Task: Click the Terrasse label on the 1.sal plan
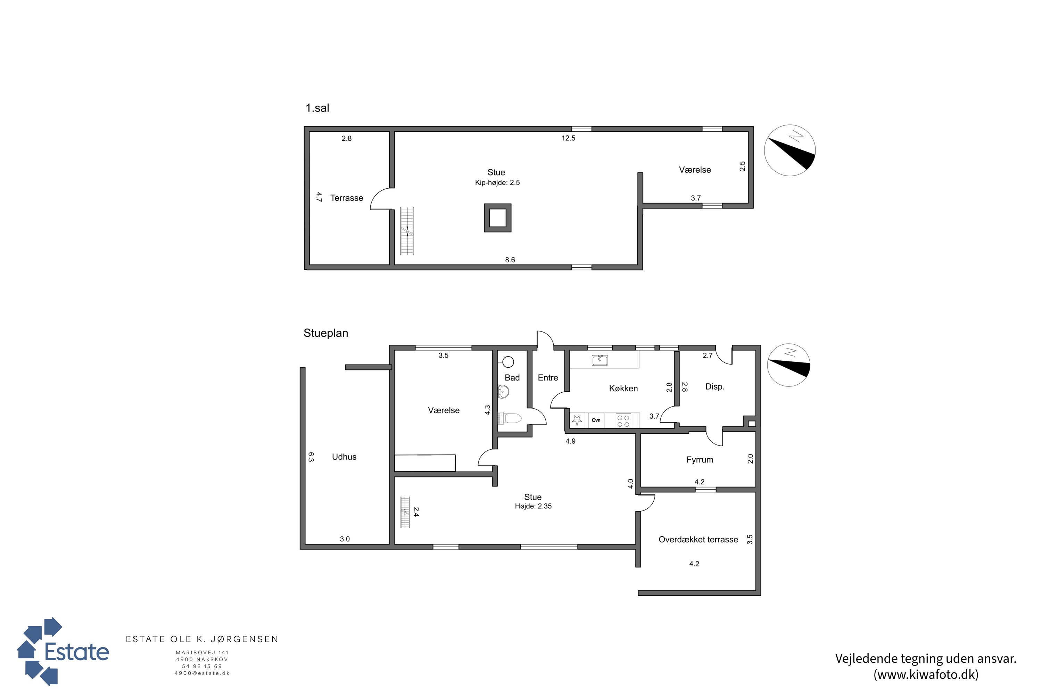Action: click(x=346, y=198)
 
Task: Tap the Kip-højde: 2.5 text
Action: click(x=497, y=183)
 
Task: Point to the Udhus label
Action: click(x=344, y=457)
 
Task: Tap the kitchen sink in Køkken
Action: click(x=600, y=360)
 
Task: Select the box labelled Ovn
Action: click(x=596, y=420)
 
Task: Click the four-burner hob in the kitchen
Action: click(x=623, y=420)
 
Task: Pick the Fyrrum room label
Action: click(x=700, y=460)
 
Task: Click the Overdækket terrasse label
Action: click(x=698, y=539)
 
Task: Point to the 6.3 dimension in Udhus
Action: click(x=311, y=457)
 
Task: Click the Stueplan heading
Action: click(x=326, y=333)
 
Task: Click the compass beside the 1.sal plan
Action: click(x=790, y=150)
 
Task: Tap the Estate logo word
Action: click(x=77, y=652)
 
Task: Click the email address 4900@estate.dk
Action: click(x=202, y=673)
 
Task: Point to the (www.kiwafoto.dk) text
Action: click(x=926, y=674)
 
